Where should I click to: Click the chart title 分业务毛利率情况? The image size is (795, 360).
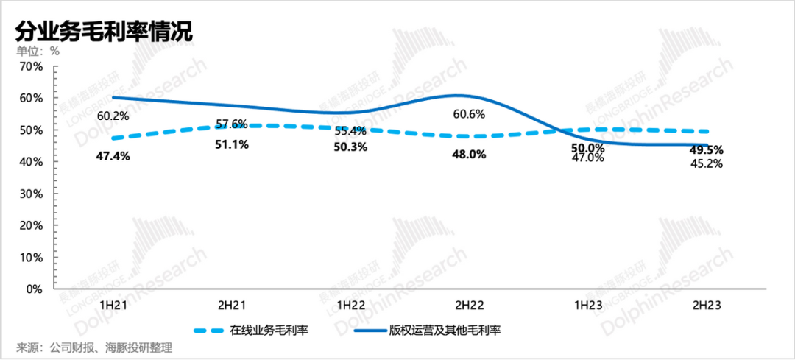tap(104, 32)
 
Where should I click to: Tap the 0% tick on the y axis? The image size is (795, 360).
tap(35, 289)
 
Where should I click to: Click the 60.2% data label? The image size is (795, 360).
tap(113, 116)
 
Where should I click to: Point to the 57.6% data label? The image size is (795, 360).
tap(231, 124)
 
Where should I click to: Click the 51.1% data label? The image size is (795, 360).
tap(231, 145)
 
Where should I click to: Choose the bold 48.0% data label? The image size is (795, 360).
tap(470, 154)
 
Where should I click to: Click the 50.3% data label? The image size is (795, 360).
tap(350, 147)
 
